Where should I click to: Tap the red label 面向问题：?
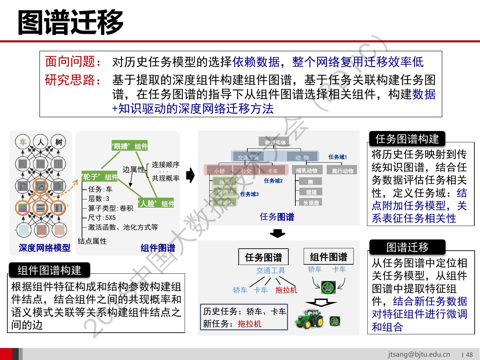pos(73,62)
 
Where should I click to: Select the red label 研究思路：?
pos(73,80)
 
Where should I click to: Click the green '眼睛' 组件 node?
pos(129,146)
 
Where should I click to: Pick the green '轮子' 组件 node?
pos(100,177)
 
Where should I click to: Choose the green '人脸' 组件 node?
pos(156,203)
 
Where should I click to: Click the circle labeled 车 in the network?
pos(23,142)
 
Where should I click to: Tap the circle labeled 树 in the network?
pos(59,142)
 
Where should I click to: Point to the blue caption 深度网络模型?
pos(45,248)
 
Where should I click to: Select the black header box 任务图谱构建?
pos(407,139)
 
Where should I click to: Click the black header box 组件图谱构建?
pos(49,270)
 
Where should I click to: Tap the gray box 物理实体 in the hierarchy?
pos(275,142)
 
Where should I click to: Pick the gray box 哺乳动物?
pos(307,170)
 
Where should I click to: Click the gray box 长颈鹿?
pos(311,202)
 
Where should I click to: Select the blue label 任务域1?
pos(338,157)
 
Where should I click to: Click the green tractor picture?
pos(309,319)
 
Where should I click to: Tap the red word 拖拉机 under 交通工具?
pos(286,290)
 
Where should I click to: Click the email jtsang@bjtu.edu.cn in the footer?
pos(419,354)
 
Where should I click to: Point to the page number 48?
pos(469,355)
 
